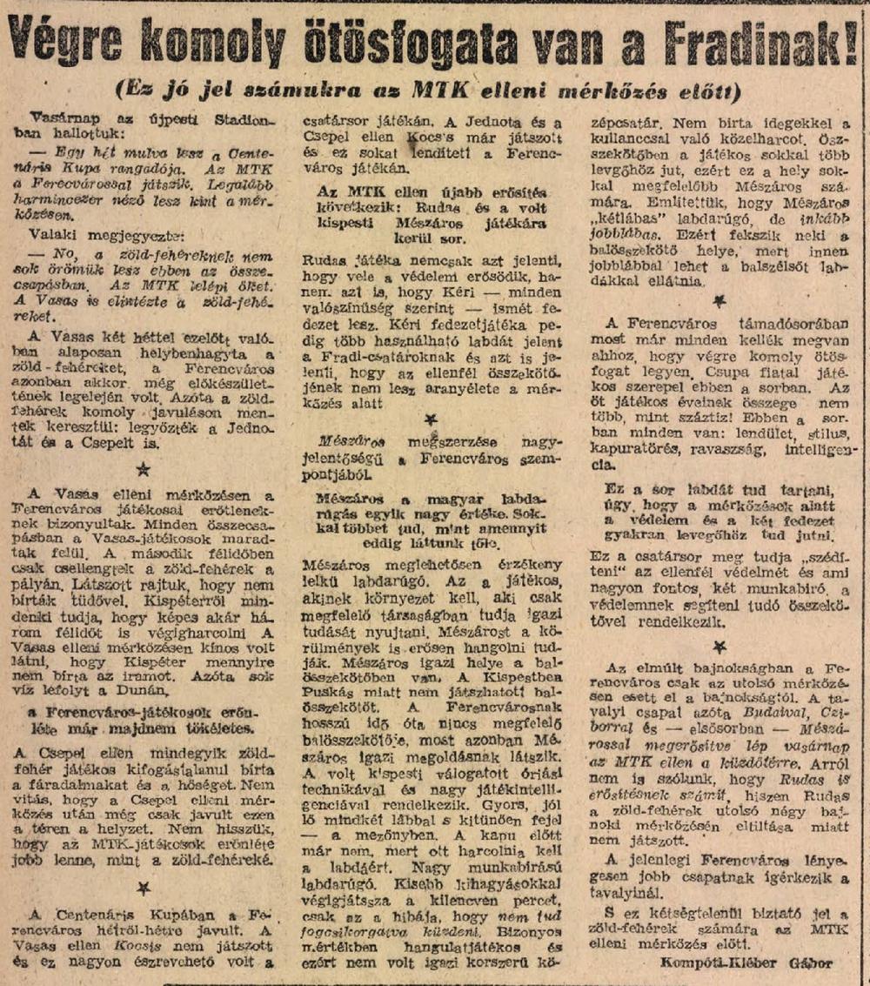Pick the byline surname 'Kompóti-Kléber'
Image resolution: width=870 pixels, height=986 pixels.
point(714,963)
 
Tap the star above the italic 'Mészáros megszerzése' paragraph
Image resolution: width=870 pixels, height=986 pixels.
point(431,419)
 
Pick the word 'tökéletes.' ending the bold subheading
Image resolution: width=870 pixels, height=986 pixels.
point(215,728)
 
